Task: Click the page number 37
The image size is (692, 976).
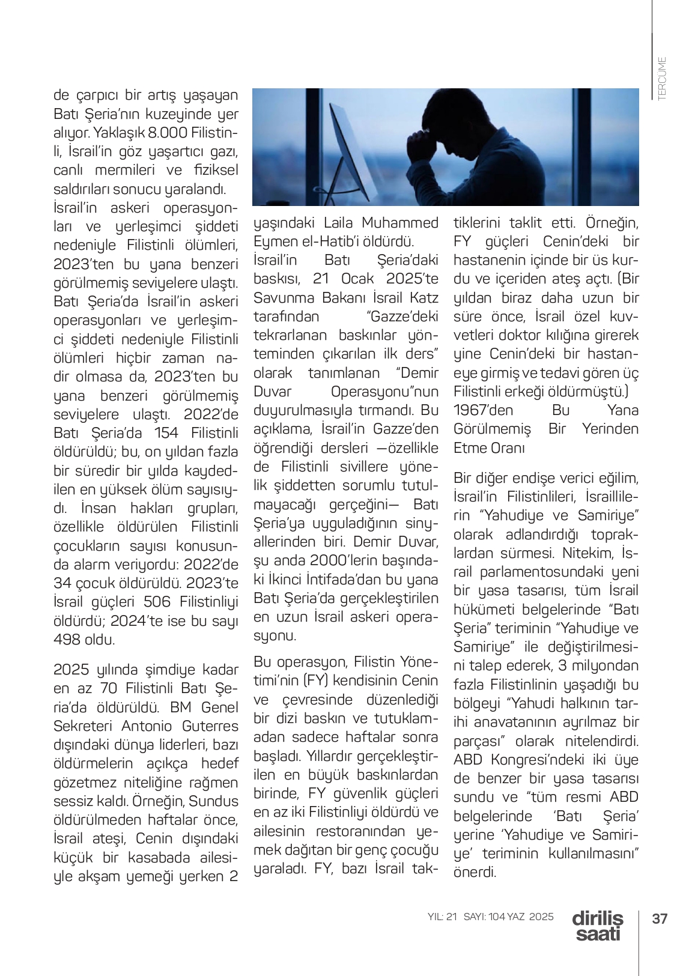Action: [660, 918]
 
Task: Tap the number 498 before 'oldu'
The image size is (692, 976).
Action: [67, 639]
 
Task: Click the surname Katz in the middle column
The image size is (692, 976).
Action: [424, 298]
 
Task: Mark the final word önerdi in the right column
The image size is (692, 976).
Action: [475, 872]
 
